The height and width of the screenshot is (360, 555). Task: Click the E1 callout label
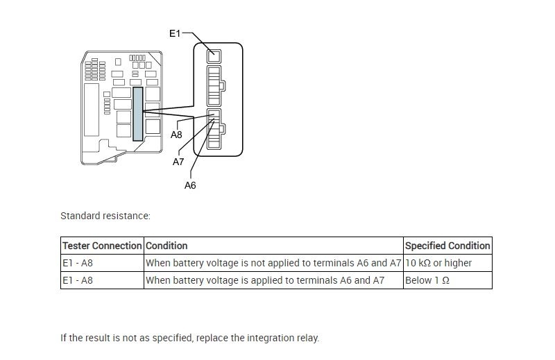point(175,33)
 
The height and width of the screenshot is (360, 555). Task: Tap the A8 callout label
point(177,135)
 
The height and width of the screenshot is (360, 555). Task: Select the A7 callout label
point(179,162)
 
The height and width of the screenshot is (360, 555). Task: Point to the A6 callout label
point(190,185)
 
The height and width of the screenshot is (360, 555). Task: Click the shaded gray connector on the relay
point(138,114)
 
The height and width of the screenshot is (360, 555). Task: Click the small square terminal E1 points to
point(214,56)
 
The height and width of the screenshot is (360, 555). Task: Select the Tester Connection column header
point(102,246)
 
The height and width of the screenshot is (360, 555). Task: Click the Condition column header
point(166,246)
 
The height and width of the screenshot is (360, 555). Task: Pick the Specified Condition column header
point(447,246)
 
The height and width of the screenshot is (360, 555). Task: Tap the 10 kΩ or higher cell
point(438,263)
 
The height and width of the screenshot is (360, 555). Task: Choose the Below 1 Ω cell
point(427,280)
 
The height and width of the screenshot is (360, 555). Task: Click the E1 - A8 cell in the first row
point(78,263)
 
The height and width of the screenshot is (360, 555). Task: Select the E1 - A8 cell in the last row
point(78,280)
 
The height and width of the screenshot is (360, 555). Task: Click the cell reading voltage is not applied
point(273,263)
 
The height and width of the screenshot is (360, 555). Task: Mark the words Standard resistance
point(105,216)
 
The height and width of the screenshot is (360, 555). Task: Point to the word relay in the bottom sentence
point(307,338)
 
